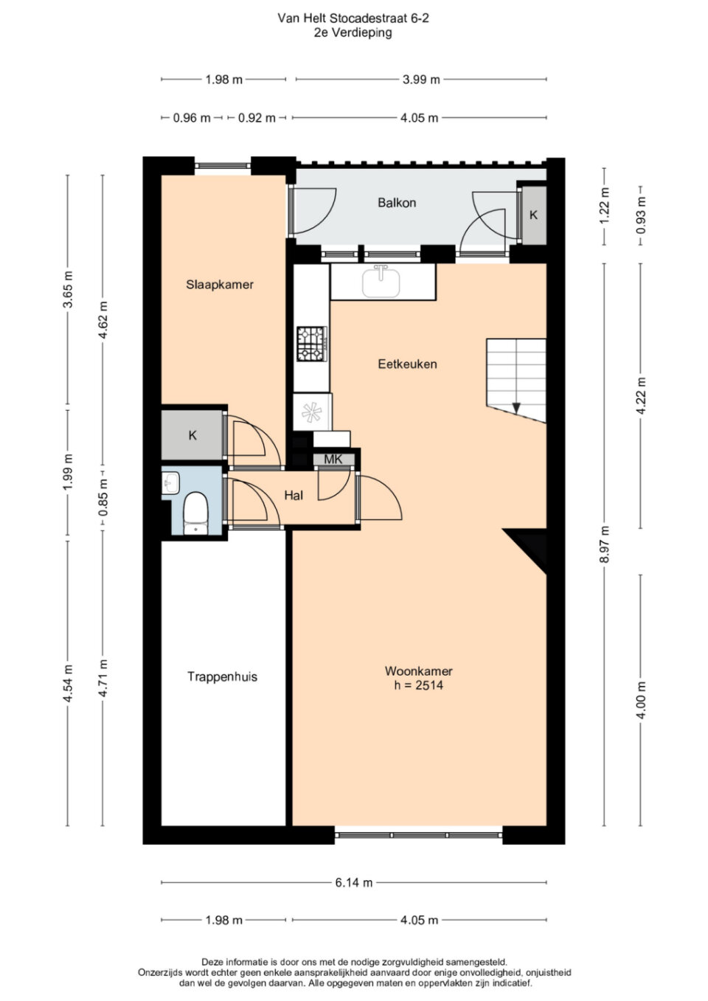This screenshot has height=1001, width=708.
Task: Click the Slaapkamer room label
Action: pos(219,285)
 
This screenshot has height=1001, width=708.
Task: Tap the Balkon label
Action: pos(397,203)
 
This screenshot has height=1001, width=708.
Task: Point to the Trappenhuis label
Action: pos(222,676)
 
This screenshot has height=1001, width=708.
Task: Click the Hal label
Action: pos(294,495)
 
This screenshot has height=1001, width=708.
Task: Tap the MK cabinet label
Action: pos(333,459)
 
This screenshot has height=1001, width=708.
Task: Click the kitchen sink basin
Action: pos(381,282)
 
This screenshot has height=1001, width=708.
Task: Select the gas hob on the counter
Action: pos(312,344)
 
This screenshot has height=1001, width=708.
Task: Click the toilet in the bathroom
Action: pos(195,513)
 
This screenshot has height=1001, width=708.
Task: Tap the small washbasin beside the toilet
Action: pos(170,482)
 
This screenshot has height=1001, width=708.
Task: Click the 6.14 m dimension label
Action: pos(354,882)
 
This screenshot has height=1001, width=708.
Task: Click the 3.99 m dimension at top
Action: pos(421,80)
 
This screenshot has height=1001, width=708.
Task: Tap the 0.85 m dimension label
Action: pos(103,497)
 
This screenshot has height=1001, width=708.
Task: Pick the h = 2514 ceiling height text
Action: pos(419,685)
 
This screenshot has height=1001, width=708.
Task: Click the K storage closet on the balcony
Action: pos(533,215)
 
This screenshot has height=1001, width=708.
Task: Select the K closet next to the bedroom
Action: pos(192,434)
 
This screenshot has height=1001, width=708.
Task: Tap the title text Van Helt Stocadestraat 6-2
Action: pos(353,18)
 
